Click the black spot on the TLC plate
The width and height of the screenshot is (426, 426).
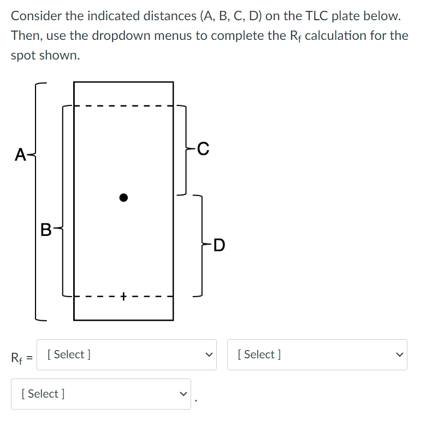point(124,197)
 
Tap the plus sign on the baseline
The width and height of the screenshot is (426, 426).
point(124,297)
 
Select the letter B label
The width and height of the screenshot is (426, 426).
point(46,229)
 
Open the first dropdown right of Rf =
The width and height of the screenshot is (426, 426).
point(126,354)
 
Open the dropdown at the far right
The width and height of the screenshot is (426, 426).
point(317,354)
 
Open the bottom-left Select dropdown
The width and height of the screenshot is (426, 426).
point(101,394)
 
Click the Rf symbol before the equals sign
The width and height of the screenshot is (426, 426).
point(17,358)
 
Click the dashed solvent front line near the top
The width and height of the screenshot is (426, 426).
point(124,105)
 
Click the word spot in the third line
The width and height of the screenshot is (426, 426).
point(22,56)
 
